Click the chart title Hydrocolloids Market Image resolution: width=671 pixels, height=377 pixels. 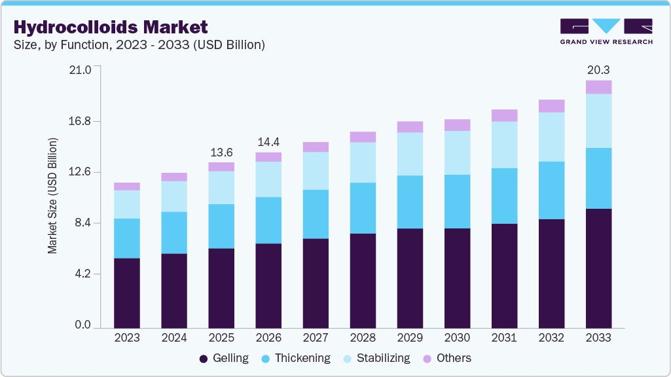pyautogui.click(x=110, y=27)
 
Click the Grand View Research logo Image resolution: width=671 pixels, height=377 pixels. pyautogui.click(x=606, y=31)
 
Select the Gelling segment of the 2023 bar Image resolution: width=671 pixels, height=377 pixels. pyautogui.click(x=127, y=293)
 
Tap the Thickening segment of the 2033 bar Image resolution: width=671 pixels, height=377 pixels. pyautogui.click(x=598, y=178)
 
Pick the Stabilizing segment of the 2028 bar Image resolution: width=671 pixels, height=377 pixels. pyautogui.click(x=363, y=162)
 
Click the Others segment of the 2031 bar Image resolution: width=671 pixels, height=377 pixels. pyautogui.click(x=504, y=115)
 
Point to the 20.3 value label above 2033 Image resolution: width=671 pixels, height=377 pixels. pyautogui.click(x=598, y=70)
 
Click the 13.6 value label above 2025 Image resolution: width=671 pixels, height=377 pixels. pyautogui.click(x=221, y=153)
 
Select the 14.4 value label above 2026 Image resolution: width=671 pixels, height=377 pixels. pyautogui.click(x=268, y=142)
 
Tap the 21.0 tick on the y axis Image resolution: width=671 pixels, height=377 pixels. pyautogui.click(x=81, y=69)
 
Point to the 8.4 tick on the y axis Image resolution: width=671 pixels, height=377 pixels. pyautogui.click(x=84, y=223)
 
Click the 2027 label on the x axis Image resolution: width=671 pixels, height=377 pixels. pyautogui.click(x=316, y=338)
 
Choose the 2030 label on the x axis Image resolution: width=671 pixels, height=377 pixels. pyautogui.click(x=457, y=338)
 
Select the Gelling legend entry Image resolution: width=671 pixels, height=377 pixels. pyautogui.click(x=224, y=358)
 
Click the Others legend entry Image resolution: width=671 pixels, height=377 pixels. pyautogui.click(x=446, y=358)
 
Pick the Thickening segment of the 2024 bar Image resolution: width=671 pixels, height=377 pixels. pyautogui.click(x=174, y=232)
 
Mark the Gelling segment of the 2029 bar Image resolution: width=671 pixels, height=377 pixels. pyautogui.click(x=410, y=278)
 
